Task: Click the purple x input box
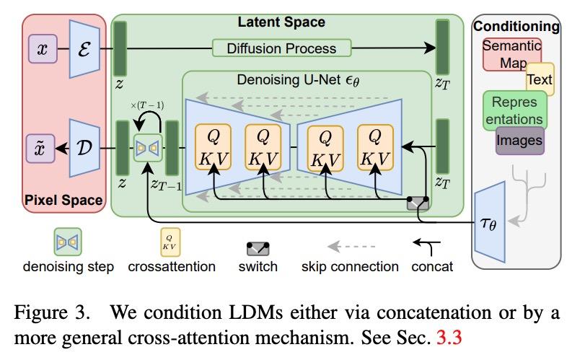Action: [x=42, y=48]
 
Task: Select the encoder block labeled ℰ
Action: [x=84, y=48]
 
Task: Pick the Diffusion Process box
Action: [x=281, y=48]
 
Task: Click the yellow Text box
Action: [x=540, y=79]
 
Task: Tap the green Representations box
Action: [x=514, y=110]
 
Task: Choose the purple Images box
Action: [x=519, y=140]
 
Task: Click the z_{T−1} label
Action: [x=167, y=184]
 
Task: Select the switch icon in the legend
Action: [x=258, y=249]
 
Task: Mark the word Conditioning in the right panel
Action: [x=516, y=27]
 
